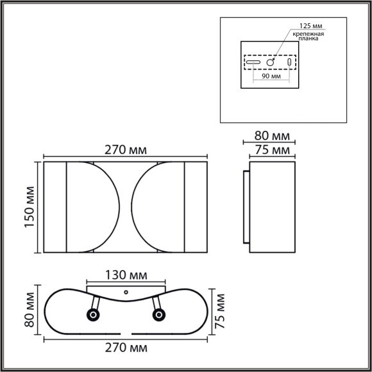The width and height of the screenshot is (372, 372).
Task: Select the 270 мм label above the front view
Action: click(x=126, y=149)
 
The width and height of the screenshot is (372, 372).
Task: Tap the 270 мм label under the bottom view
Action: click(x=126, y=349)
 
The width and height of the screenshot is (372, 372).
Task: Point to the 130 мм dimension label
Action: click(x=126, y=276)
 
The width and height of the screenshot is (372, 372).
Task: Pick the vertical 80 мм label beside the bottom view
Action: click(x=30, y=310)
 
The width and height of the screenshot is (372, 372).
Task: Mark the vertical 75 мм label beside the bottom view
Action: click(x=222, y=310)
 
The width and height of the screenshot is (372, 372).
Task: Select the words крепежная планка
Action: click(x=310, y=37)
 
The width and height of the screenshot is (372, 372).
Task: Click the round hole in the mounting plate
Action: click(x=271, y=63)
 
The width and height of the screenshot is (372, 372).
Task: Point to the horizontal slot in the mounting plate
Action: click(x=253, y=63)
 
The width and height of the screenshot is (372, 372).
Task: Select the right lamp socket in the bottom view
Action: click(x=158, y=314)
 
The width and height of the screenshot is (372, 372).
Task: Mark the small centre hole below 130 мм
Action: click(x=126, y=292)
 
